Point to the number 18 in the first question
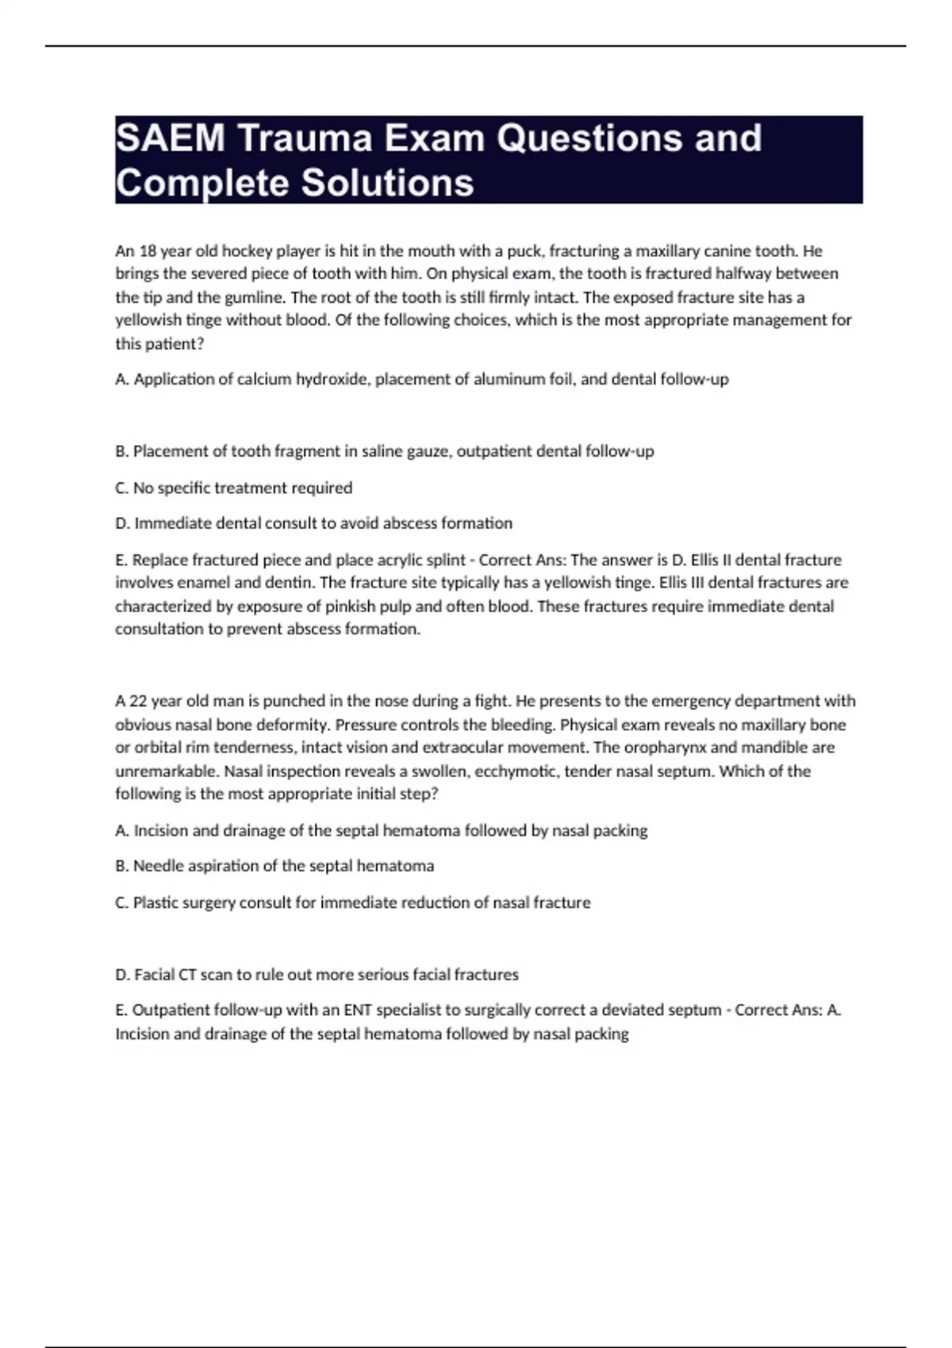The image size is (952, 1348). point(148,251)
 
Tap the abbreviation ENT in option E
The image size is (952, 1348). point(357,1010)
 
